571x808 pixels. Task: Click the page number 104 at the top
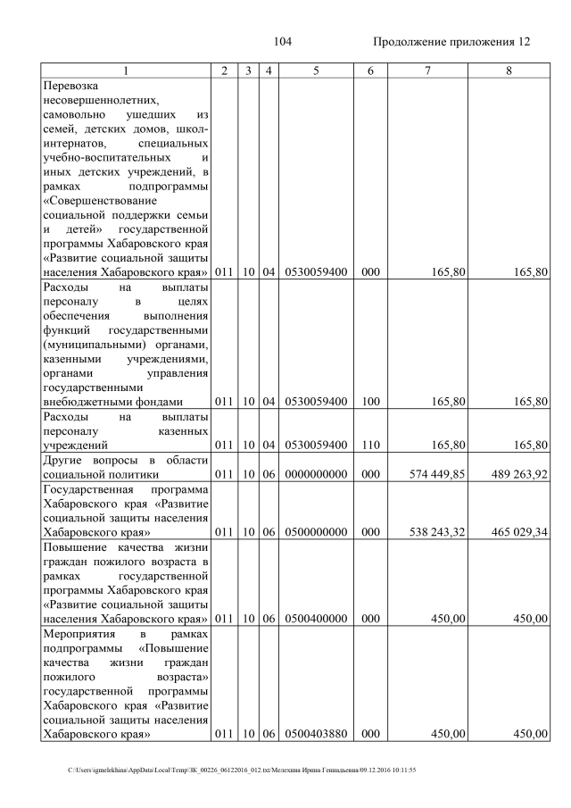pos(285,42)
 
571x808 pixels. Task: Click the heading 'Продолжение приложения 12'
pos(451,42)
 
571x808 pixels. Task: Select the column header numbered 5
pos(316,70)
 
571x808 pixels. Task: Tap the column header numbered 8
pos(508,70)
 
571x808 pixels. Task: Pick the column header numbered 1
pos(126,70)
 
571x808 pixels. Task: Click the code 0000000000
pos(316,474)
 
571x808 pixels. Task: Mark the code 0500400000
pos(316,618)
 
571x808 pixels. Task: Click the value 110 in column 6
pos(366,444)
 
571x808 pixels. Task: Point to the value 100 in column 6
pos(366,402)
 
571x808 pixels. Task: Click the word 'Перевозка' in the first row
pos(70,87)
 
